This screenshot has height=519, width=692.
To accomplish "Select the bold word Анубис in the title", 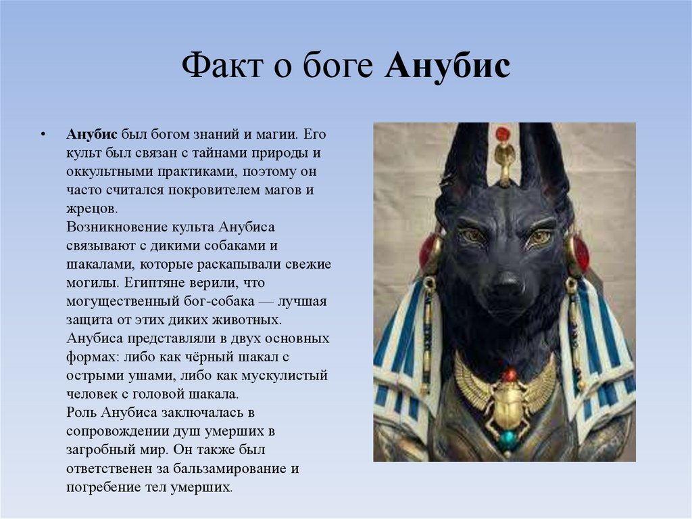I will coord(447,67).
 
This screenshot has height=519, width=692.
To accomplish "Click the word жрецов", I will coord(92,208).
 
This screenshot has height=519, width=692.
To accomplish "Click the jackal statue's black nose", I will coord(506,284).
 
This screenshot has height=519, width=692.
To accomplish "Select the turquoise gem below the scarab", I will coord(508,438).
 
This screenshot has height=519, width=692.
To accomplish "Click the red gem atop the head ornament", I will coord(502,133).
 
